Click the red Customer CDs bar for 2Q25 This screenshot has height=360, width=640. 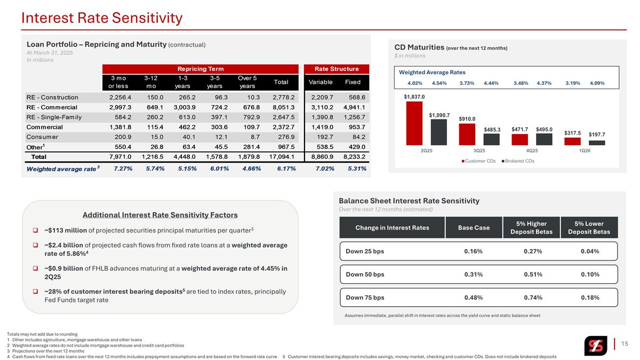pos(414,123)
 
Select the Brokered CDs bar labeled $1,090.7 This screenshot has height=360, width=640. pos(439,132)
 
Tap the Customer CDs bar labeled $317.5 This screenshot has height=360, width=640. pos(572,141)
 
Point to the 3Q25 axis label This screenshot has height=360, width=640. pos(479,150)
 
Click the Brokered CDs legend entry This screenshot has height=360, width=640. pos(518,161)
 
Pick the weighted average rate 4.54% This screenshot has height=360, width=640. pos(439,83)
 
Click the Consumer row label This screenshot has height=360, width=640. pos(42,137)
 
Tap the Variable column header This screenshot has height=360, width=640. pos(321,82)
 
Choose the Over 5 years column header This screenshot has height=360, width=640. pos(247,82)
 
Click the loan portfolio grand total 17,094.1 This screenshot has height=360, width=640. pos(282,157)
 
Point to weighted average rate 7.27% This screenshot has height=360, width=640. pos(123,169)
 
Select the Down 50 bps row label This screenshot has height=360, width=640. pos(365,274)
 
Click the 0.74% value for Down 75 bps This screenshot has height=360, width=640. pos(533,298)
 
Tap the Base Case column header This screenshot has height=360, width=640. pos(474,228)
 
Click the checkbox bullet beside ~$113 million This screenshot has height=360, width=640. pos(35,230)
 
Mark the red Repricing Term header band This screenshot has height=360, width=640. pos(201,69)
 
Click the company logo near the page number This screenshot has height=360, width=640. pos(596,346)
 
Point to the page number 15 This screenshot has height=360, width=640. pos(625,343)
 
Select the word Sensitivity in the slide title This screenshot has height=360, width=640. pos(147,18)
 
